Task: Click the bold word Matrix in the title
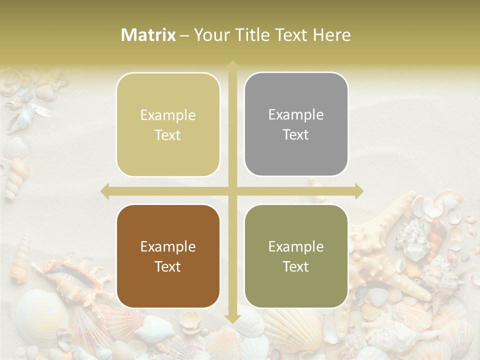point(148,35)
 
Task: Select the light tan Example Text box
point(168,124)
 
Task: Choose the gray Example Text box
point(296,124)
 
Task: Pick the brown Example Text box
point(168,256)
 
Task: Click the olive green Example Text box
point(296,256)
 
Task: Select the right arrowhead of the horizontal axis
point(358,191)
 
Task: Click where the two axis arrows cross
point(232,191)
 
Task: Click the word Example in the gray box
point(296,114)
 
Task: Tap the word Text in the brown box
point(168,266)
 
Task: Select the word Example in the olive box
point(296,246)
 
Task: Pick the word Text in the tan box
point(168,135)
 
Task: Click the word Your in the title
point(210,35)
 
